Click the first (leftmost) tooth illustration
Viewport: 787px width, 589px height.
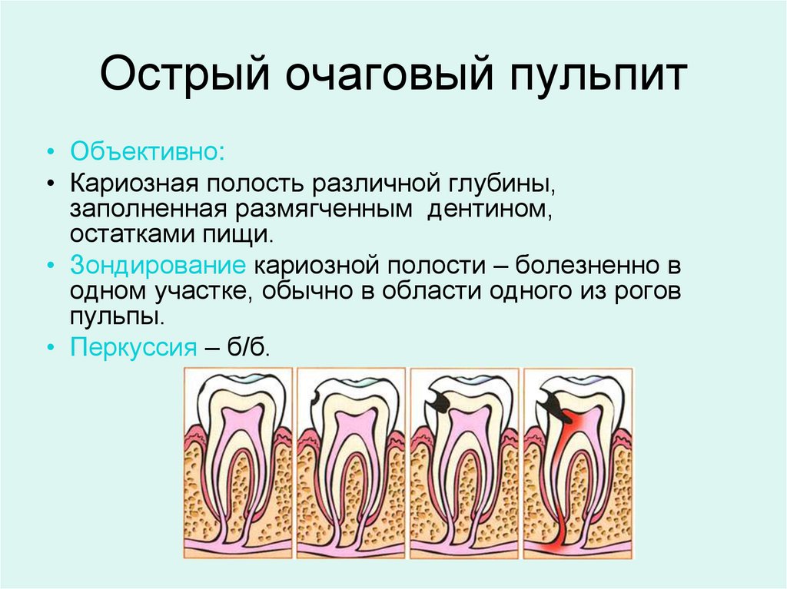click(238, 461)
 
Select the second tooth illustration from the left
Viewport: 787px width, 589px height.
click(351, 461)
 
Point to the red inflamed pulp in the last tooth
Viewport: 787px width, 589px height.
click(569, 430)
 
